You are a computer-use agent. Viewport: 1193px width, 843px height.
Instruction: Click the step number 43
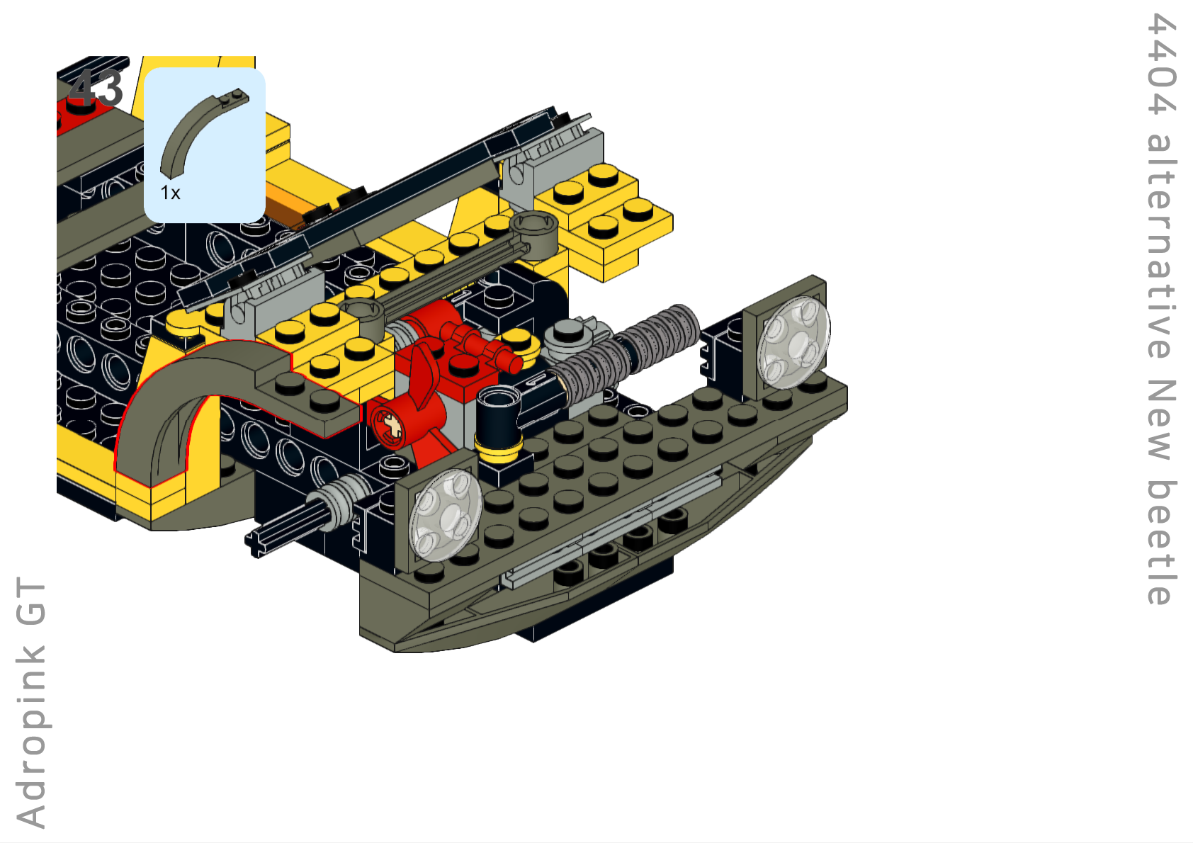point(96,88)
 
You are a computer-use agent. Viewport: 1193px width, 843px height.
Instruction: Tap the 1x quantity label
point(171,193)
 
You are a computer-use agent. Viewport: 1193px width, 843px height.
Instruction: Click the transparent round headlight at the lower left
point(446,514)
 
